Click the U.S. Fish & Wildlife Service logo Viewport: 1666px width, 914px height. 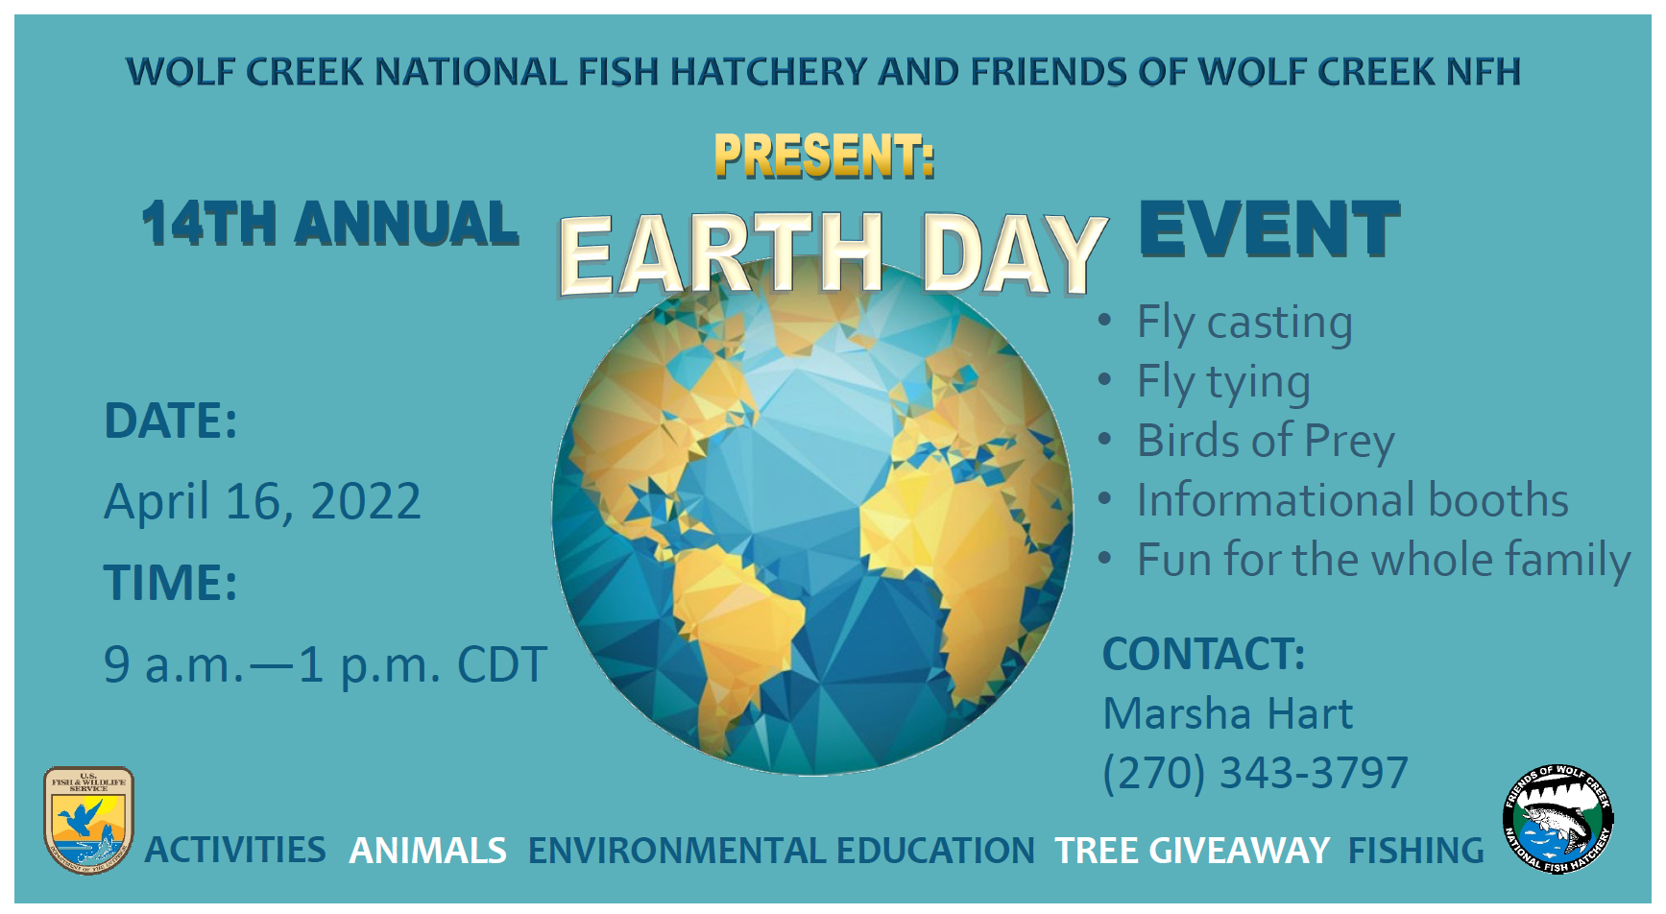pos(88,820)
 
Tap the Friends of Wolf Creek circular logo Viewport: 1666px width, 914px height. pos(1557,819)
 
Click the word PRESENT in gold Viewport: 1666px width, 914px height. pos(824,156)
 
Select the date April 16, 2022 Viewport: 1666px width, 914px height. pos(262,501)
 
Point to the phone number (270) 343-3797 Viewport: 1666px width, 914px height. pos(1256,773)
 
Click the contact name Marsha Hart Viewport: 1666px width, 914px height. pos(1228,713)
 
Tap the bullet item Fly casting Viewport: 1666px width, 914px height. pos(1244,323)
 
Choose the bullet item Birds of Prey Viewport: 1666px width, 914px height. pos(1266,442)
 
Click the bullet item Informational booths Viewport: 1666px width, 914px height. pos(1353,500)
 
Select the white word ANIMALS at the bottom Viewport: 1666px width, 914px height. pos(427,851)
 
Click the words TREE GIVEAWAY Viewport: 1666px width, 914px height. pos(1192,851)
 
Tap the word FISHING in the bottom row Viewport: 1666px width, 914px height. pos(1416,851)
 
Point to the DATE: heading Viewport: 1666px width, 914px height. pos(171,421)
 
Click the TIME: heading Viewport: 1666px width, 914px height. pos(171,583)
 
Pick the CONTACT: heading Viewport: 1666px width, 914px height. pos(1204,654)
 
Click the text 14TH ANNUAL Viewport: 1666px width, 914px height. pos(330,224)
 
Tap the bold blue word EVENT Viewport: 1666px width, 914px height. pos(1269,228)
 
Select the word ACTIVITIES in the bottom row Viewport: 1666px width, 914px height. pos(235,851)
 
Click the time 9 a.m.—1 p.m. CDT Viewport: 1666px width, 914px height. pos(326,664)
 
